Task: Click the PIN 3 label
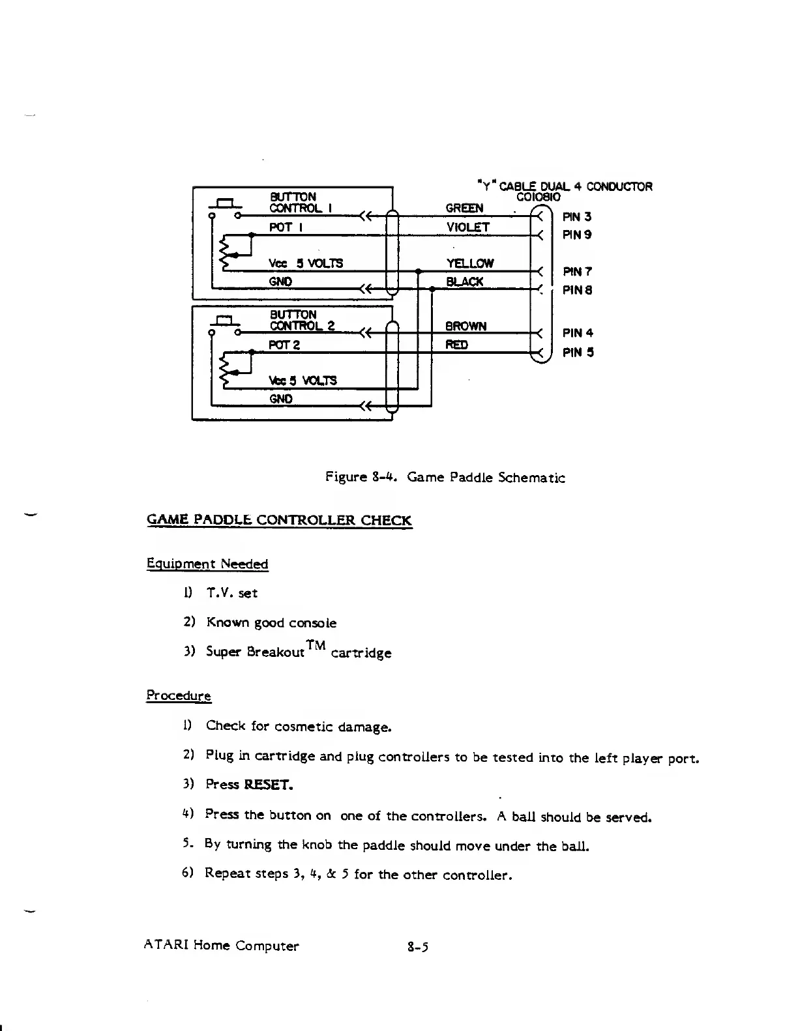coord(577,217)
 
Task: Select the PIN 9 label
coord(577,235)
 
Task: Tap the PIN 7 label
coord(577,271)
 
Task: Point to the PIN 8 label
coord(577,290)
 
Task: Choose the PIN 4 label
coord(578,333)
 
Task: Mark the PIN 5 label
coord(578,353)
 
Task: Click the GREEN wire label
coord(464,209)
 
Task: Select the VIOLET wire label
coord(467,227)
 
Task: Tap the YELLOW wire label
coord(469,263)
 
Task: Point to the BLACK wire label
coord(464,282)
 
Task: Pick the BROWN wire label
coord(465,327)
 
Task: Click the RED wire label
coord(456,345)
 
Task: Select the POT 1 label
coord(284,227)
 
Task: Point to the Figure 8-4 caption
coord(445,478)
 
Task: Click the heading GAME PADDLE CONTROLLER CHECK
coord(279,520)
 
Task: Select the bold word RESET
coord(268,785)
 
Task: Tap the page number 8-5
coord(416,946)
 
